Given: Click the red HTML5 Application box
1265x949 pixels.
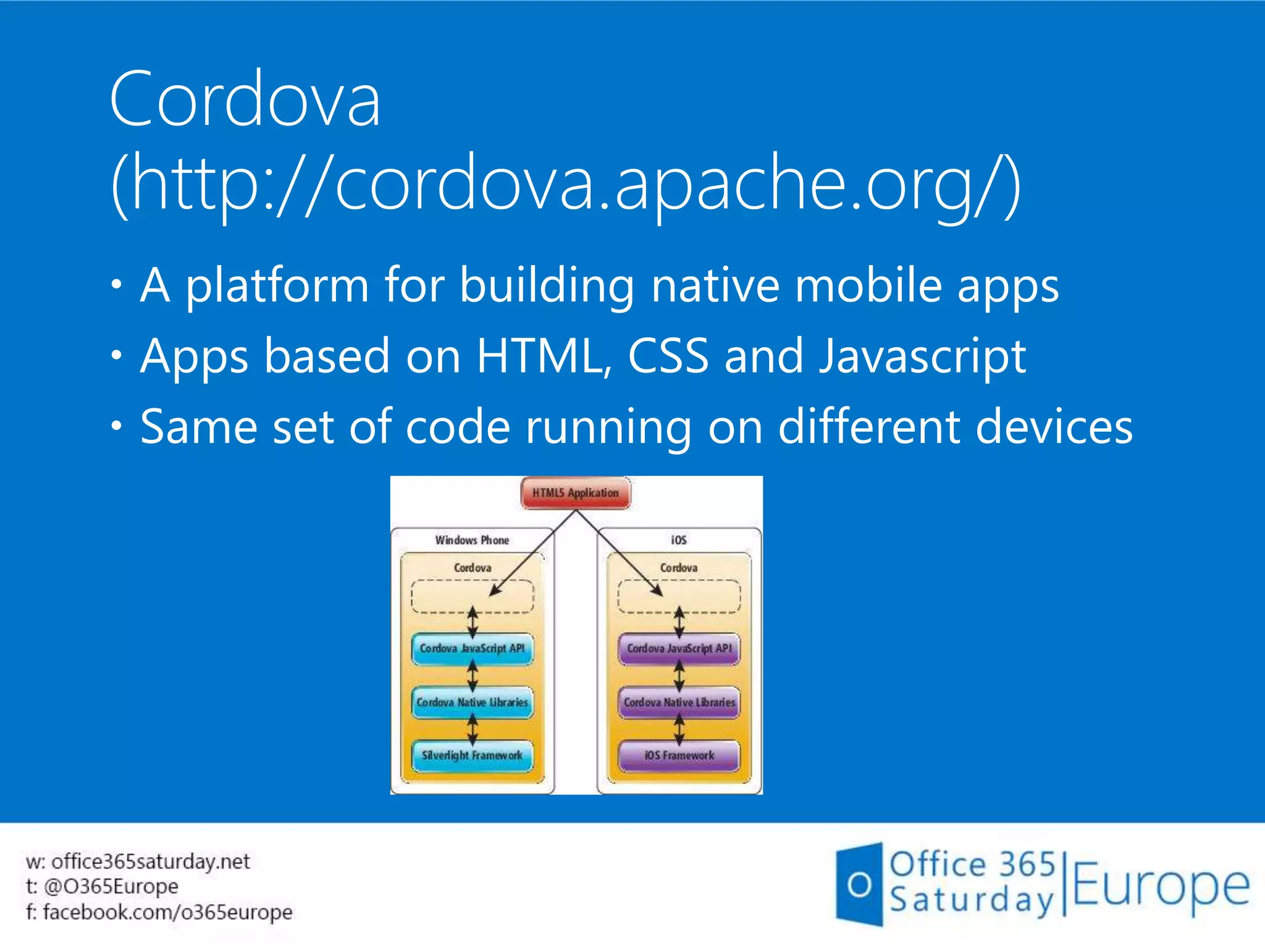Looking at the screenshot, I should [576, 493].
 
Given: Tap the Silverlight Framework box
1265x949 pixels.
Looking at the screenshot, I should [472, 756].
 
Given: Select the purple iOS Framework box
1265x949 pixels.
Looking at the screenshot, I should [679, 756].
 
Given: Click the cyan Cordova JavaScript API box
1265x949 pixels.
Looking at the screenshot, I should [472, 649].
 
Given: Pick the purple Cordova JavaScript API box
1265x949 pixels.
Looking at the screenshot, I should [679, 649].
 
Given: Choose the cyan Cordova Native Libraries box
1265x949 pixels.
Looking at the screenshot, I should [472, 702].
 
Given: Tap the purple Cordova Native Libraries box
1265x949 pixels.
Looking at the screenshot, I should [679, 702].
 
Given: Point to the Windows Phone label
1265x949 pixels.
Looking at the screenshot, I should [472, 540].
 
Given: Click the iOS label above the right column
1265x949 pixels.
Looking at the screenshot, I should [679, 540].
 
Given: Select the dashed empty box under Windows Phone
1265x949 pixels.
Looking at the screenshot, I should [472, 596].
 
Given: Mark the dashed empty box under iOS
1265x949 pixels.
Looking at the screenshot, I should [679, 596].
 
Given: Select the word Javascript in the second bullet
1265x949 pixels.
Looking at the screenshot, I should [922, 356].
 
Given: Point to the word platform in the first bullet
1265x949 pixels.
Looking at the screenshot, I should [277, 285].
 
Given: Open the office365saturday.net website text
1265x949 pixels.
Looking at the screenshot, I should [150, 861].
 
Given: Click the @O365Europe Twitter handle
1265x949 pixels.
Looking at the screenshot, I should [111, 887].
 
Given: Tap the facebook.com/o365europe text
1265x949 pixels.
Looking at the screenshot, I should [167, 912].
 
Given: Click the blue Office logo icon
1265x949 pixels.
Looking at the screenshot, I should [859, 884].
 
